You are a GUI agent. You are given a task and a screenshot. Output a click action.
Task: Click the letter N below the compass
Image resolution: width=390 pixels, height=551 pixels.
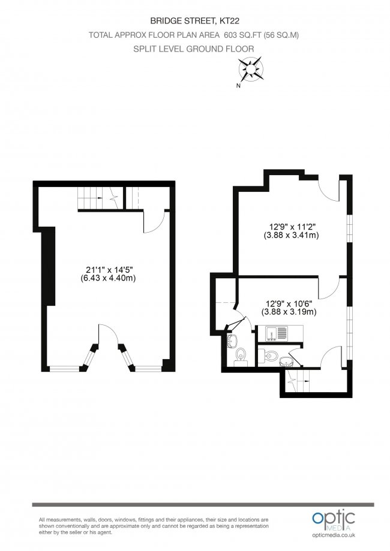tap(239, 86)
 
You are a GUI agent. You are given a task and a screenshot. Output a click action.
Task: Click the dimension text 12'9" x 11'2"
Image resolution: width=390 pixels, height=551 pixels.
tap(292, 227)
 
